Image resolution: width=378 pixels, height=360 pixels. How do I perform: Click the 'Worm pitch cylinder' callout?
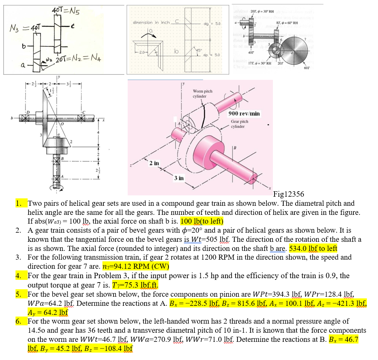pyautogui.click(x=202, y=94)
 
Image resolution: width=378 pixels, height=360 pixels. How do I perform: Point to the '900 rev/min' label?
pyautogui.click(x=244, y=113)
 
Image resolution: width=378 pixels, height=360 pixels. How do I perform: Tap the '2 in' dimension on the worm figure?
pyautogui.click(x=154, y=163)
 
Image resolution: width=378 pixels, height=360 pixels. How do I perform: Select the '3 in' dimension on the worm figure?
pyautogui.click(x=179, y=178)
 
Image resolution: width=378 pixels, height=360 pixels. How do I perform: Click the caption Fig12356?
pyautogui.click(x=288, y=194)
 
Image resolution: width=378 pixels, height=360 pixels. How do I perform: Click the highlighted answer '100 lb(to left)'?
pyautogui.click(x=202, y=221)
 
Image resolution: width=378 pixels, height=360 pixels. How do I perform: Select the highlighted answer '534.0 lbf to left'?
pyautogui.click(x=313, y=249)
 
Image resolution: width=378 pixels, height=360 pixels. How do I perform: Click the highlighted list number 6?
pyautogui.click(x=19, y=321)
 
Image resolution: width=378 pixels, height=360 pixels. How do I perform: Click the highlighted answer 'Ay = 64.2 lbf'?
pyautogui.click(x=48, y=312)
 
